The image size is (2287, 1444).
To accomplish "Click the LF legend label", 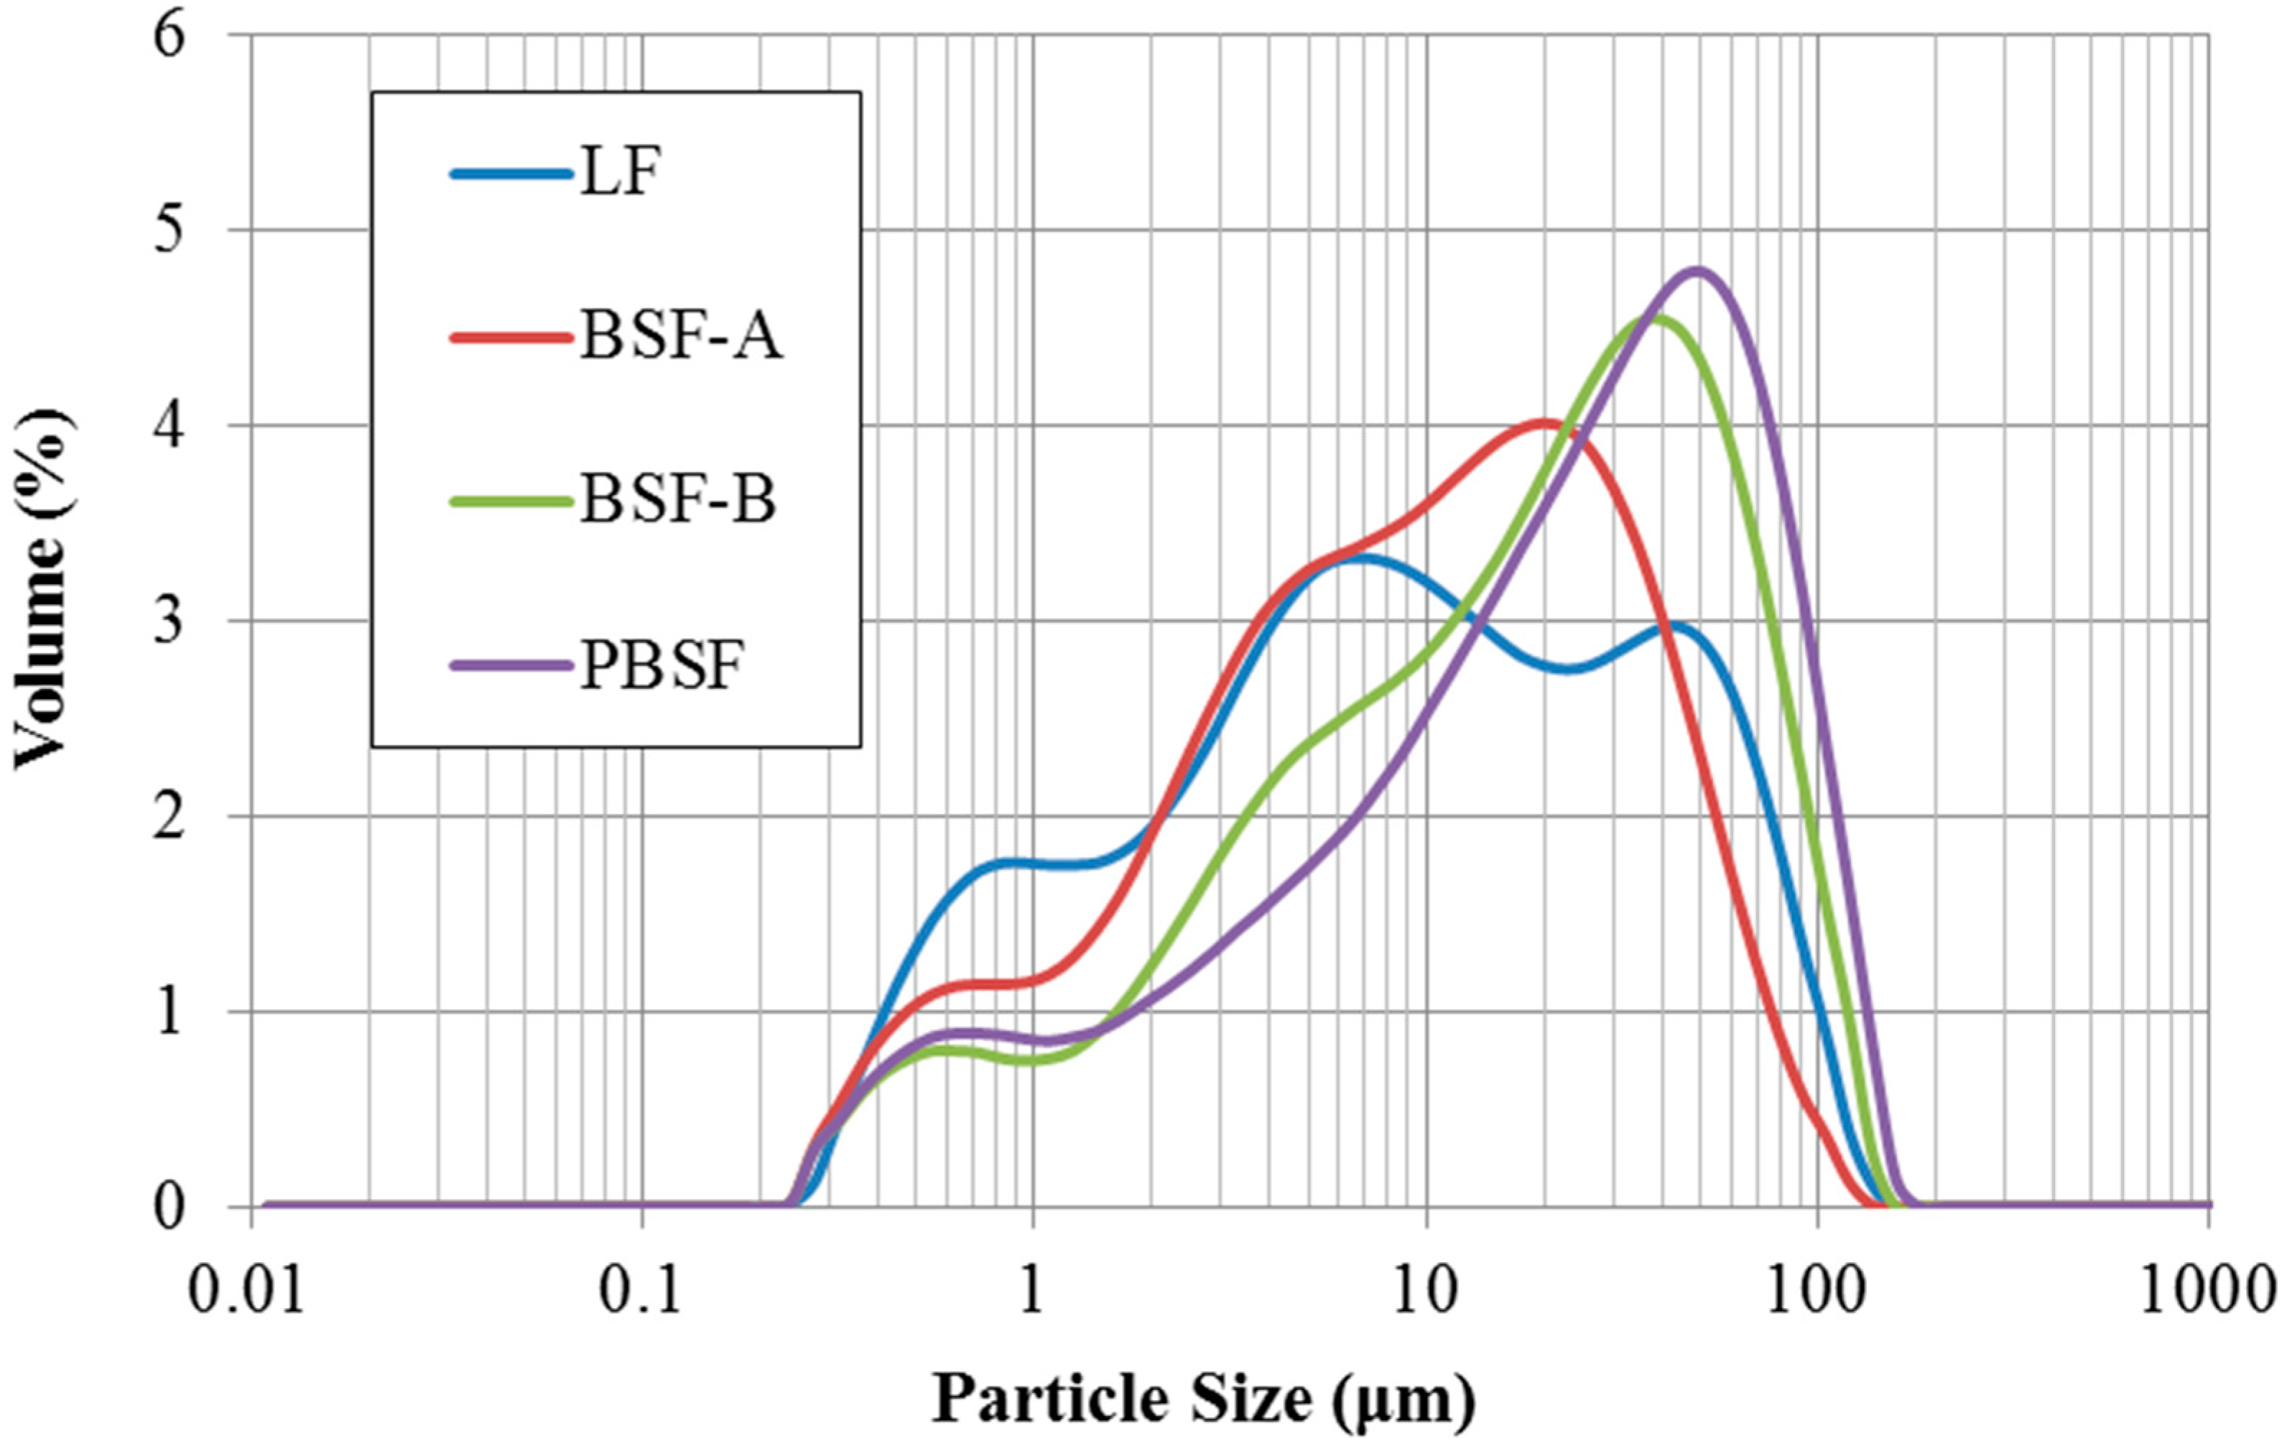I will click(619, 175).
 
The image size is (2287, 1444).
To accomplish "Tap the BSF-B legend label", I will click(678, 501).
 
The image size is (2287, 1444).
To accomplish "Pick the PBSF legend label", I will click(661, 665).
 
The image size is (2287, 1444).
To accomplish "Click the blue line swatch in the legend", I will click(511, 174).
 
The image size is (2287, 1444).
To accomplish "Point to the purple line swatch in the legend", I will click(511, 666).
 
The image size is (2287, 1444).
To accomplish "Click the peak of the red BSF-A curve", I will click(1544, 421).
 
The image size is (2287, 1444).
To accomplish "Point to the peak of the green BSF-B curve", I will click(1657, 318).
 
